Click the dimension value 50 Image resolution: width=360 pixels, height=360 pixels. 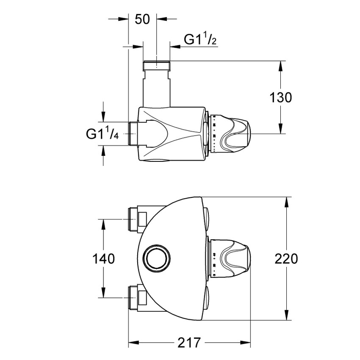click(142, 19)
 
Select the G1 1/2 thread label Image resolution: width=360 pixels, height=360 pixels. click(200, 39)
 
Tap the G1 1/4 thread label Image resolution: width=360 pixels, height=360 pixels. click(102, 133)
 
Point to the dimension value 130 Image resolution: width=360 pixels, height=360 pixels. click(281, 97)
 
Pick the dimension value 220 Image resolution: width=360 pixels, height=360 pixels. click(286, 258)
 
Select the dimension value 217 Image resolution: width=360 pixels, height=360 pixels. click(188, 342)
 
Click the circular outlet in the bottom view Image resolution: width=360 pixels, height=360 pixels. click(157, 258)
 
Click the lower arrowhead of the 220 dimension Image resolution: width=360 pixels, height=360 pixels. click(288, 315)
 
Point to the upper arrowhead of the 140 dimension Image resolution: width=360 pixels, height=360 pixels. click(103, 224)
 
